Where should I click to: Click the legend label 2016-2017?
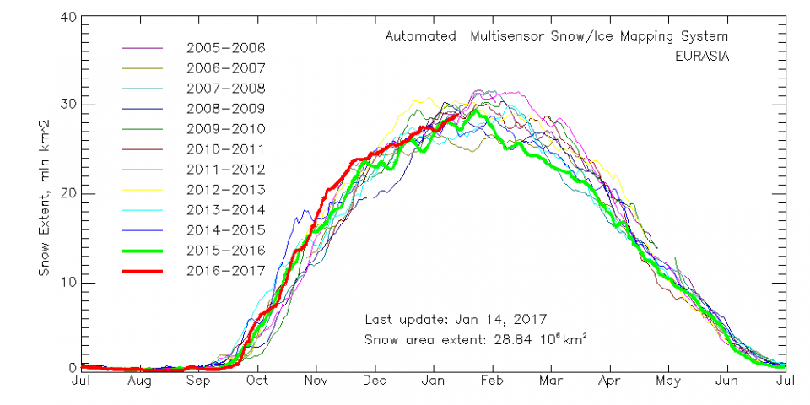pyautogui.click(x=226, y=270)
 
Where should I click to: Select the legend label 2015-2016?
pyautogui.click(x=226, y=250)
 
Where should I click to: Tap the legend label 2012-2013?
pyautogui.click(x=226, y=189)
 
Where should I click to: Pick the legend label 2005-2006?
pyautogui.click(x=226, y=47)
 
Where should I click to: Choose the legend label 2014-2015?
pyautogui.click(x=226, y=229)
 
